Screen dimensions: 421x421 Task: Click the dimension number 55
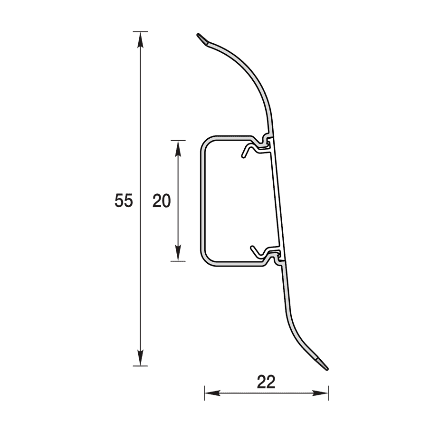tap(124, 201)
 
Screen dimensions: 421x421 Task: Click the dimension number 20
tap(162, 201)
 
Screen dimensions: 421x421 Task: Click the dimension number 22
tap(266, 382)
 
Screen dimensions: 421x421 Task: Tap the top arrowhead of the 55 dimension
tap(140, 40)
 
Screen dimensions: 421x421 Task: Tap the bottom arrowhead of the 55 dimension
tap(140, 358)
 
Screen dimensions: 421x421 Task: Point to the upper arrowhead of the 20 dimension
tap(178, 148)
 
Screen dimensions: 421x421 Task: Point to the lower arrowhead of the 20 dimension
tap(178, 253)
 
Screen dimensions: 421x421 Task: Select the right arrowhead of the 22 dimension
tap(320, 393)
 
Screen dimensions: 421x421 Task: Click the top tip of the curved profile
tap(198, 35)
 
